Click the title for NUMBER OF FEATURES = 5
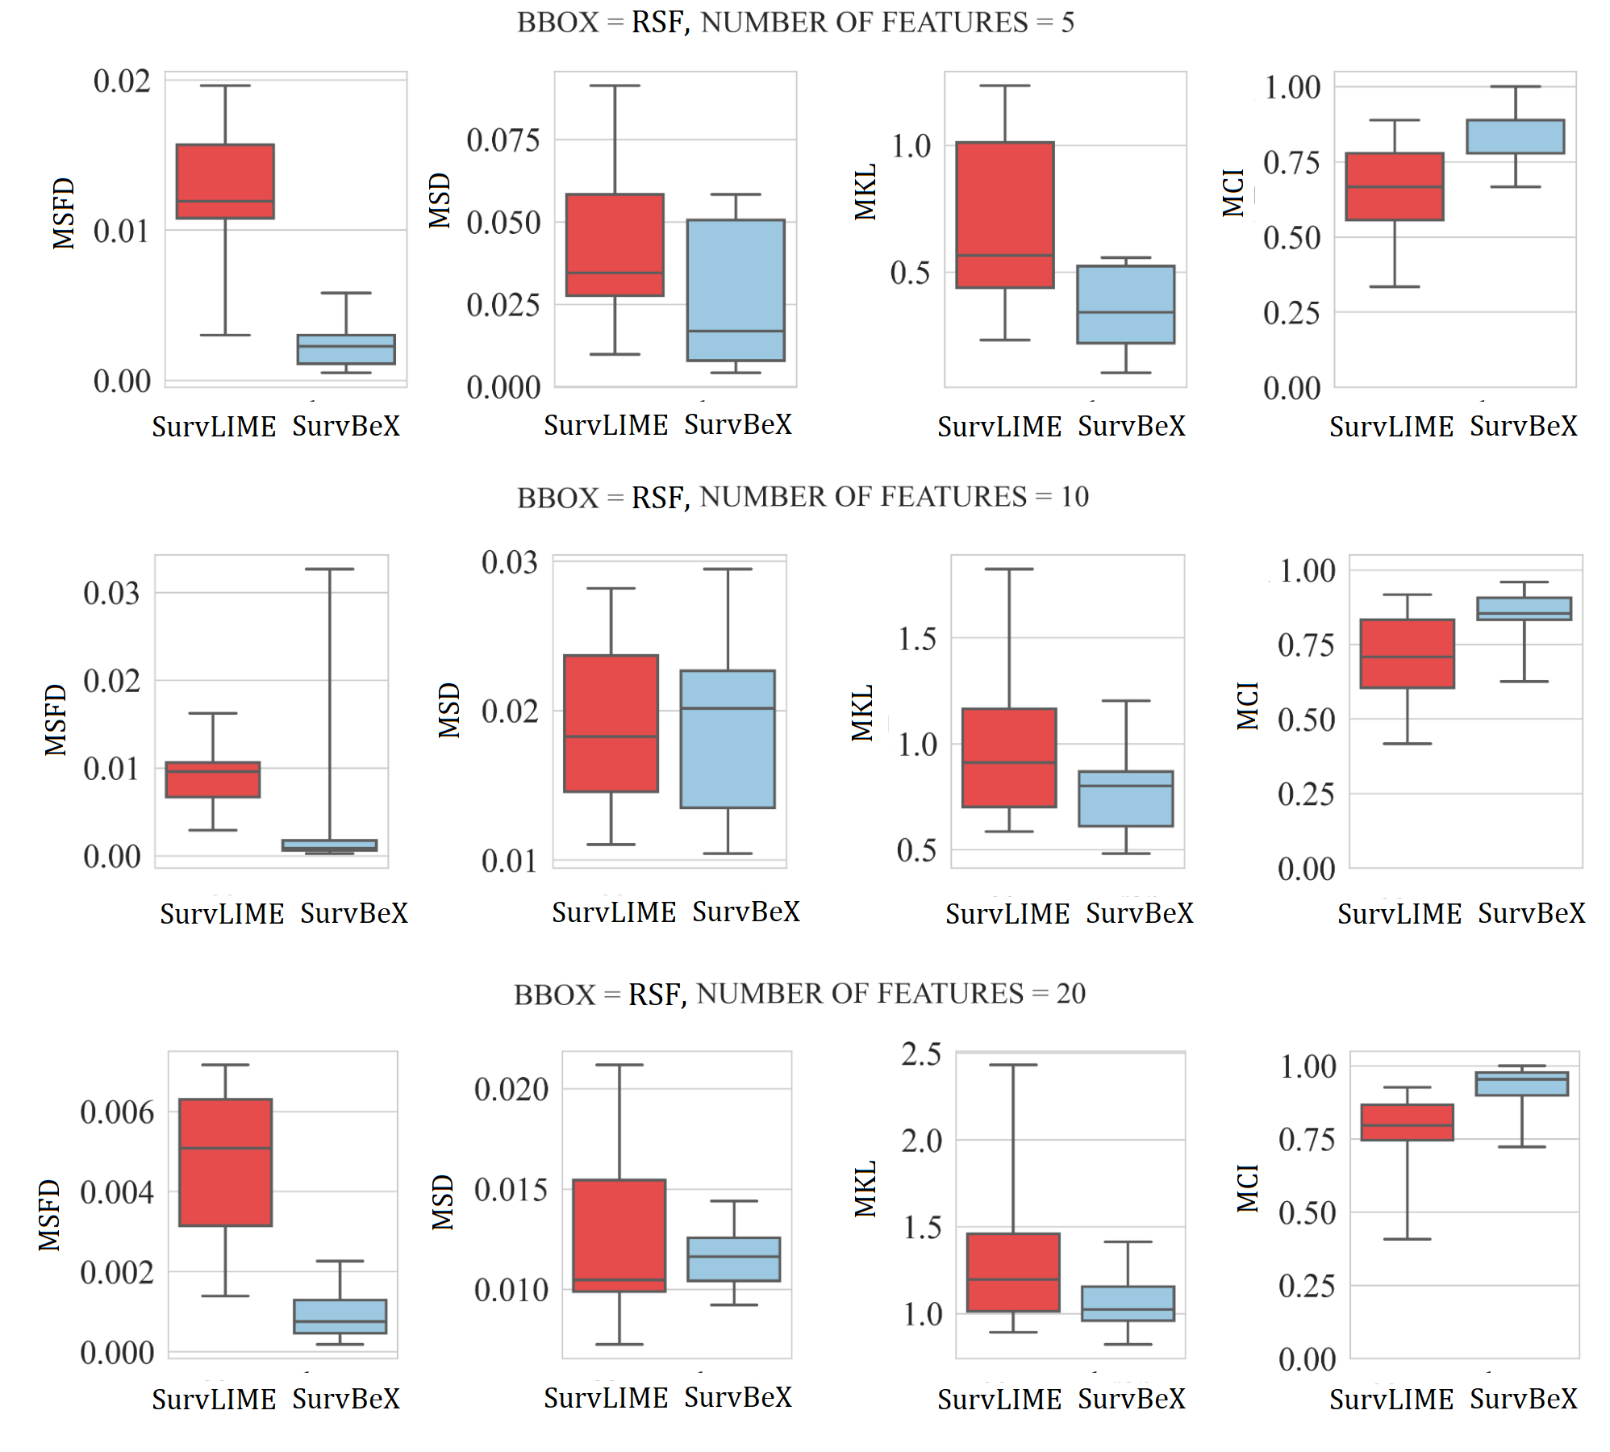(795, 23)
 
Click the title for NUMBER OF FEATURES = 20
(799, 994)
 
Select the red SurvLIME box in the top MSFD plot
(225, 181)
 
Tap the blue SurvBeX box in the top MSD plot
(736, 290)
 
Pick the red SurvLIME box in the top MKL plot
(1004, 215)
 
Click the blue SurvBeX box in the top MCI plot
(1515, 136)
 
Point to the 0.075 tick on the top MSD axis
(503, 140)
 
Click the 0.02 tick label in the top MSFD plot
(122, 81)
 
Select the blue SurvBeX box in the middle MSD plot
(728, 739)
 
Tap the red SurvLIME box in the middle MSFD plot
(213, 779)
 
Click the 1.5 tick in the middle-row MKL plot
(917, 639)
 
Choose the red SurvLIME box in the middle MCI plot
(1407, 653)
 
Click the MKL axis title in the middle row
(862, 712)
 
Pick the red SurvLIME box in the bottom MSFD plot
(225, 1162)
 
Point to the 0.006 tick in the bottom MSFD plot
(117, 1112)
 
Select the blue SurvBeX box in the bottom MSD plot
(733, 1259)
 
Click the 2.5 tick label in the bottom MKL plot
(921, 1054)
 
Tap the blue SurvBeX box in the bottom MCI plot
(1521, 1083)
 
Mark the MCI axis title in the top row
(1233, 193)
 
